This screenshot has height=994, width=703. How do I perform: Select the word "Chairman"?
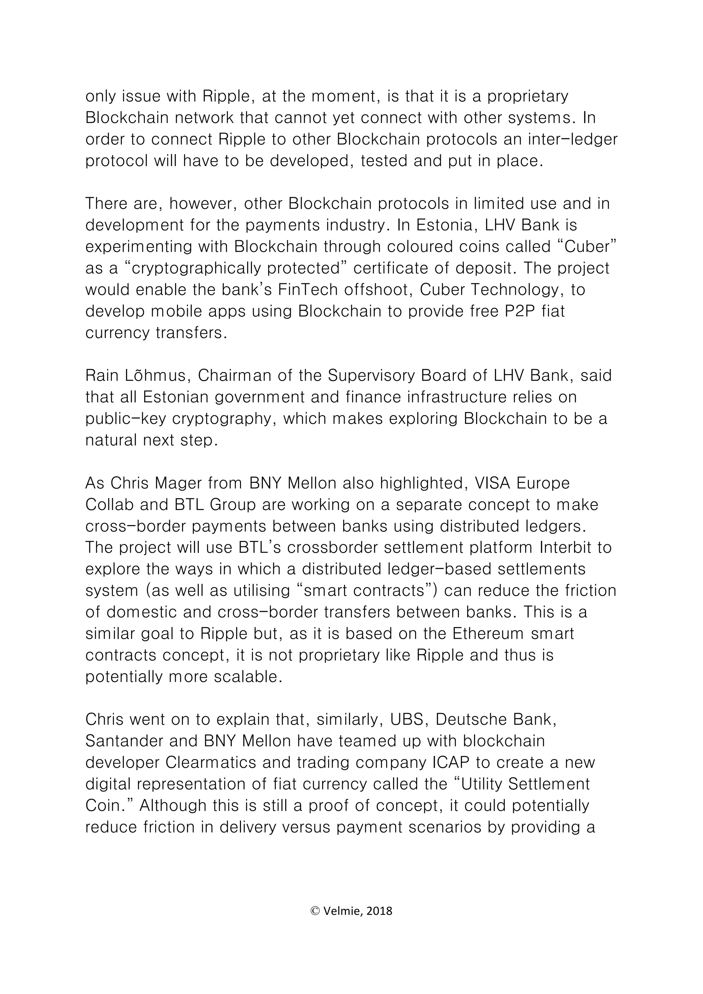(235, 375)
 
